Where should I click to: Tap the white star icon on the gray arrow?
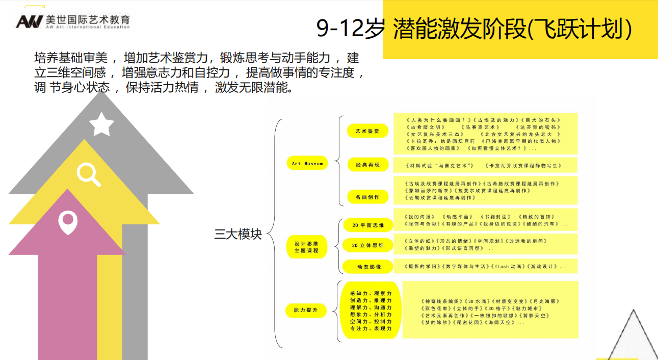(101, 124)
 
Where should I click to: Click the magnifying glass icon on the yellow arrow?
(89, 174)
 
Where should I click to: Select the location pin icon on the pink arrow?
(67, 222)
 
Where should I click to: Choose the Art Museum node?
(307, 164)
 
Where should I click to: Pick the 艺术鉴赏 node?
(367, 131)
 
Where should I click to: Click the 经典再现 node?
(367, 165)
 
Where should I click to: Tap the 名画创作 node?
(367, 197)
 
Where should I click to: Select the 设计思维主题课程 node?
(306, 247)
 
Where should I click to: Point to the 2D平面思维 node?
(367, 225)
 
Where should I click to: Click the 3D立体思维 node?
(367, 245)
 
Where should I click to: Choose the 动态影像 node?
(367, 266)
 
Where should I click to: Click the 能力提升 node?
(306, 310)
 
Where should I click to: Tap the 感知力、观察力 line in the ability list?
(371, 294)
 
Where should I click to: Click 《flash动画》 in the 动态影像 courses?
(508, 266)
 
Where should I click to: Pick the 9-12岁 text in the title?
(350, 29)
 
